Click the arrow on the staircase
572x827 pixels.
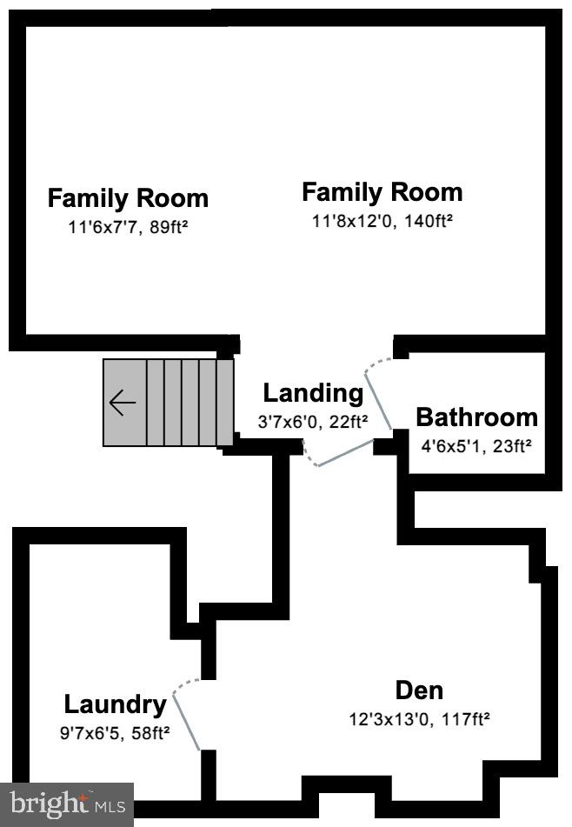tap(123, 403)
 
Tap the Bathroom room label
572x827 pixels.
tap(476, 417)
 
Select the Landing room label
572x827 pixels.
tap(313, 393)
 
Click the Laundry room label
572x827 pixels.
tap(115, 704)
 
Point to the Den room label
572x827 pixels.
tap(419, 690)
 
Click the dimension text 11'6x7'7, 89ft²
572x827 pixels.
tap(128, 228)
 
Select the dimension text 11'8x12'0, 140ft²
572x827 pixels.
tap(382, 221)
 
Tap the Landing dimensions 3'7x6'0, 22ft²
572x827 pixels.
tap(313, 422)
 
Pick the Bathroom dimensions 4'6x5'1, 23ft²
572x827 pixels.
tap(476, 446)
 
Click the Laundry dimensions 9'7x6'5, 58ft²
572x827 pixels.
tap(115, 732)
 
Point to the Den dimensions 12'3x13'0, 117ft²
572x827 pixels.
tap(419, 719)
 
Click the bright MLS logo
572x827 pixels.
tap(67, 802)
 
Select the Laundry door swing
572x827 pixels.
tap(188, 717)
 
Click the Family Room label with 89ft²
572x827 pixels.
tap(128, 198)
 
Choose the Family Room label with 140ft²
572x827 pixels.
tap(382, 191)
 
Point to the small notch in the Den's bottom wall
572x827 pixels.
tap(346, 804)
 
